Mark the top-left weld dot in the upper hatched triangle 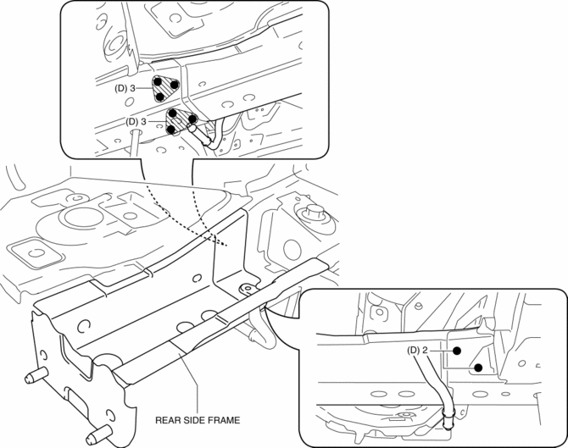(x=158, y=82)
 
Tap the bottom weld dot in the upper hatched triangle (x=161, y=97)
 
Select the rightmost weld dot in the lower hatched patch (x=192, y=119)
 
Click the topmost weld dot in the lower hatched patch (x=173, y=112)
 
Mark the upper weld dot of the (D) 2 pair (x=456, y=349)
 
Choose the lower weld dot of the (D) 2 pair (x=478, y=368)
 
